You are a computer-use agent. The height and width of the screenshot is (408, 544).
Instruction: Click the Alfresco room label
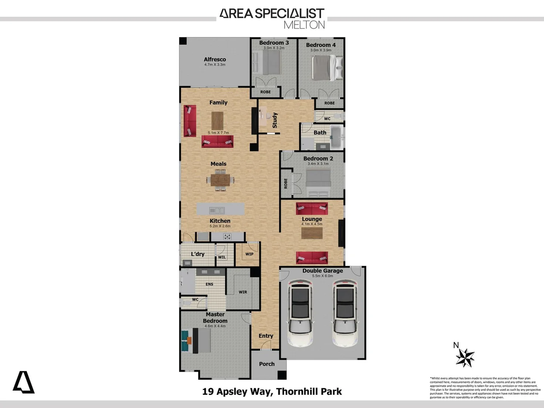click(215, 59)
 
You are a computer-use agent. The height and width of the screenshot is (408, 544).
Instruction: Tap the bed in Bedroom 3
click(269, 62)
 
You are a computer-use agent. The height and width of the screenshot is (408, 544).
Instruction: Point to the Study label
click(275, 120)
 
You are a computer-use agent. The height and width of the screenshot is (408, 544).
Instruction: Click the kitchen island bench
click(220, 209)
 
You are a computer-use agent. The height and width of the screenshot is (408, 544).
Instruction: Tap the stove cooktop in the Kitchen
click(227, 237)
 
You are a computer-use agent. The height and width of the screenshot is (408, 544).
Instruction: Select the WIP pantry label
click(249, 254)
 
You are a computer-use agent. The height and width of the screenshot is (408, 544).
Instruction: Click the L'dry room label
click(198, 254)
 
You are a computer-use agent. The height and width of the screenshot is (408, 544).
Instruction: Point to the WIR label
click(243, 292)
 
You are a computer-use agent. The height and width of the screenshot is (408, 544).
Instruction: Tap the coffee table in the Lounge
click(312, 233)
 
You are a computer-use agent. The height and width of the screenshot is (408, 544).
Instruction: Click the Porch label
click(267, 364)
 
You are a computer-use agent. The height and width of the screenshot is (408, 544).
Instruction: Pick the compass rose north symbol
click(465, 357)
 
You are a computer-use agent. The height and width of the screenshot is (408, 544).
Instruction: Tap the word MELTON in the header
click(304, 25)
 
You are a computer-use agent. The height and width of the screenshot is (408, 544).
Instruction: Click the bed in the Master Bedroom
click(202, 340)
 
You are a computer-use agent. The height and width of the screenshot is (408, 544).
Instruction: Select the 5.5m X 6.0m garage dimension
click(323, 276)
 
